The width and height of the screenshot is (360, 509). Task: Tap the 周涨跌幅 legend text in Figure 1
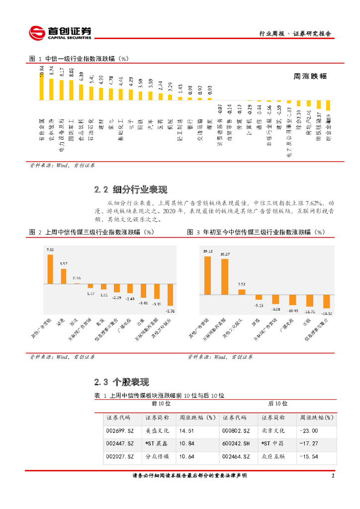click(310, 76)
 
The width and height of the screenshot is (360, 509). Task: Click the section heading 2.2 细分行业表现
click(131, 189)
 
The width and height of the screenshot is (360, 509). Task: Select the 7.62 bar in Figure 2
click(50, 269)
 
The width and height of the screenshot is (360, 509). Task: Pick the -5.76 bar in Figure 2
click(170, 294)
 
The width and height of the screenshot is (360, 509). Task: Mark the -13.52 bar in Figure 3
click(326, 302)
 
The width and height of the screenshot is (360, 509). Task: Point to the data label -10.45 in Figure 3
click(293, 311)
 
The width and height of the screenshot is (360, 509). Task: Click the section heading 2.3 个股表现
click(122, 382)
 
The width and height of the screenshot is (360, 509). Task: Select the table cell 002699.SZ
click(120, 431)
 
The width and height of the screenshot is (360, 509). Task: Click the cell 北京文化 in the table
click(273, 431)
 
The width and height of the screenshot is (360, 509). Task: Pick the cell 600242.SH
click(236, 443)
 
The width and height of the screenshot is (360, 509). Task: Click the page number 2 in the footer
click(333, 476)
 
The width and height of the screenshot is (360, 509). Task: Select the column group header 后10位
click(277, 404)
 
